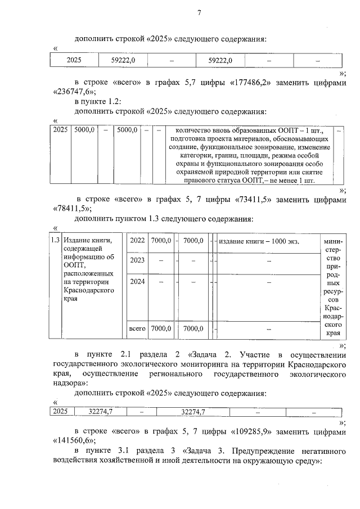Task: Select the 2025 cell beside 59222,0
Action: pos(74,60)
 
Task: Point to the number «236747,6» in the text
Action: pos(75,92)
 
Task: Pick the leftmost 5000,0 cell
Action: pos(85,130)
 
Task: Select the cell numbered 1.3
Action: pos(55,241)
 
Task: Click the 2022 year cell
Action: pos(137,241)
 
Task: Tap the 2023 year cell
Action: pos(137,260)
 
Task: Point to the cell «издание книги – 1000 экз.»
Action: pos(258,241)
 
